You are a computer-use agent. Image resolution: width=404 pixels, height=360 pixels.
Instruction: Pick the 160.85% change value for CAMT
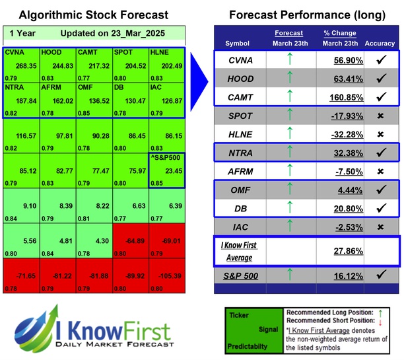339,96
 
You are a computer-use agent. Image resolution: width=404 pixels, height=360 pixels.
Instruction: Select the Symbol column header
238,44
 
